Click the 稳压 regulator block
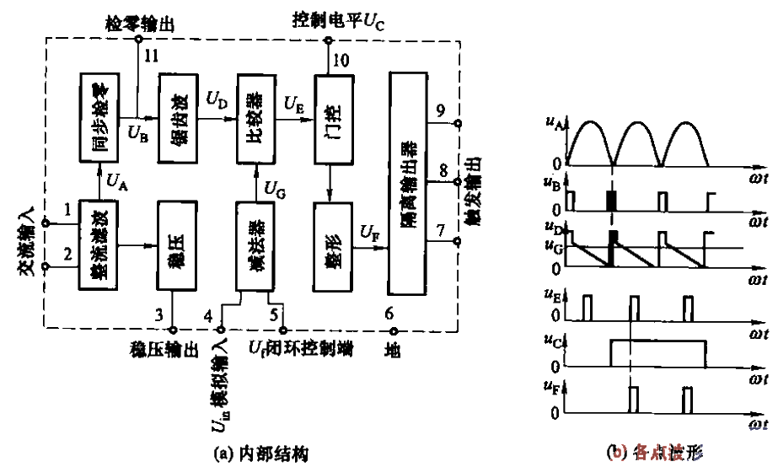tap(175, 245)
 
